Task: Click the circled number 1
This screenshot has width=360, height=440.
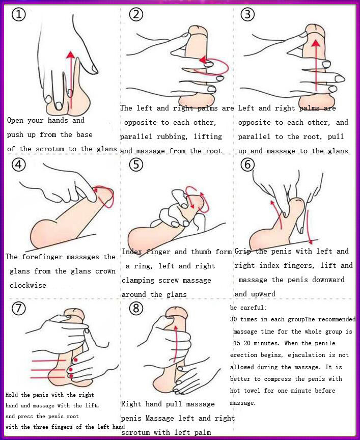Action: (18, 15)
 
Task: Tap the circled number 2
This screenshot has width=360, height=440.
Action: (135, 15)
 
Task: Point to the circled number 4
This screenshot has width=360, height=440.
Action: (18, 166)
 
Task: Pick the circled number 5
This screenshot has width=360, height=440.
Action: (135, 166)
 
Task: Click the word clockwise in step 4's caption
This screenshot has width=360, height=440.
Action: (28, 285)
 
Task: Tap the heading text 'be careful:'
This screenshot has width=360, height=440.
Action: (248, 308)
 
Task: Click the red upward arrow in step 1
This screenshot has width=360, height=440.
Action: (71, 76)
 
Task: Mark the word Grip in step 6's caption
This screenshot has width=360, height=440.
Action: (243, 251)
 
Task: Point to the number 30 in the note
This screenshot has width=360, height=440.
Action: (234, 319)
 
